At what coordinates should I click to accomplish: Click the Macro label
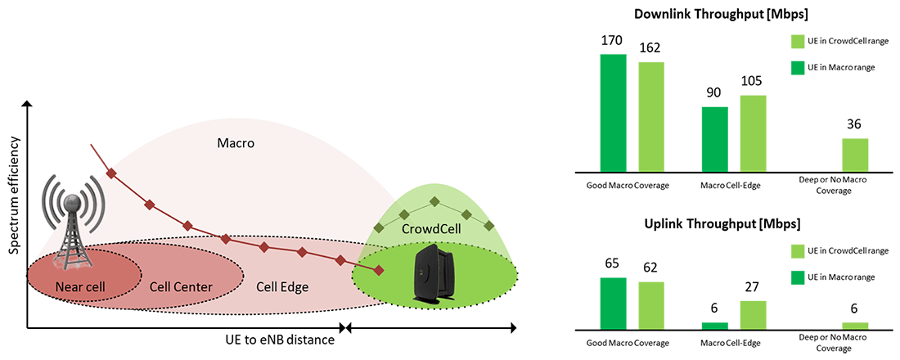click(x=236, y=143)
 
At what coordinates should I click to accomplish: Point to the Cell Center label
click(x=181, y=287)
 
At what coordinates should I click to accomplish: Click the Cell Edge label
click(x=282, y=287)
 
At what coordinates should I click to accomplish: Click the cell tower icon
click(x=73, y=221)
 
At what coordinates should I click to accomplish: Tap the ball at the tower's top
click(x=73, y=199)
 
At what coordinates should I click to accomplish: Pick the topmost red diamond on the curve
click(x=111, y=173)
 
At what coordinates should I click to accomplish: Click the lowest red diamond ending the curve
click(x=379, y=271)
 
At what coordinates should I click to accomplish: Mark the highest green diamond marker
click(x=435, y=200)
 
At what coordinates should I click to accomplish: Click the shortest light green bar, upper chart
click(x=855, y=155)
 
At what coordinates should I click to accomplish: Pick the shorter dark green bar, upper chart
click(x=714, y=139)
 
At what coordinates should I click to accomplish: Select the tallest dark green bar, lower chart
click(x=613, y=304)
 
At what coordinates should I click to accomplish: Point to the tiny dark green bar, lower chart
click(x=714, y=326)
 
